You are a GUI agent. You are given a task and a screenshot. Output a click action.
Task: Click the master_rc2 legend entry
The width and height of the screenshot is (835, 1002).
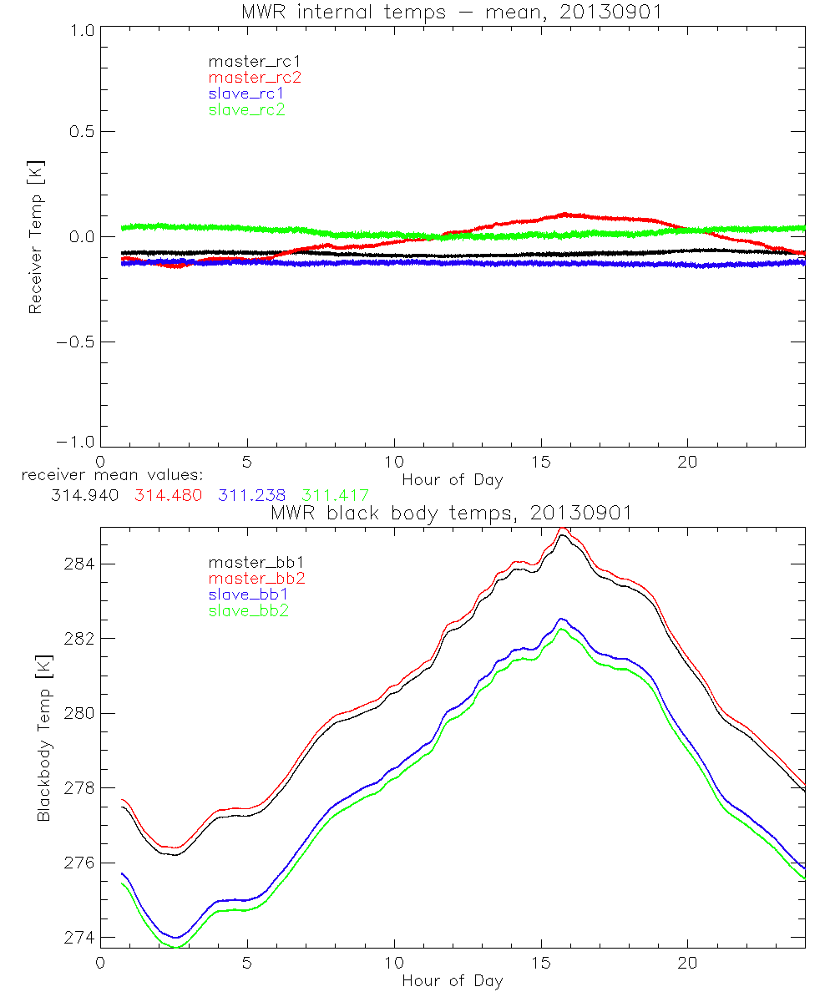[x=255, y=78]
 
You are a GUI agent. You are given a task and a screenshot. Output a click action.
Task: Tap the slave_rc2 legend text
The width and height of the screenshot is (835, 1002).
[x=246, y=109]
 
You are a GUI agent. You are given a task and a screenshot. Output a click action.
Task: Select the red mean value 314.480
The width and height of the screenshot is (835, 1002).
[x=168, y=495]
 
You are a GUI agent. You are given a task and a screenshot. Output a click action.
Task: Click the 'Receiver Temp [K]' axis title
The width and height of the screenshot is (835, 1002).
[x=35, y=236]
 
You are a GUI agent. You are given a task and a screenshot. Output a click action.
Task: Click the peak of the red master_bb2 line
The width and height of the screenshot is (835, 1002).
[x=564, y=529]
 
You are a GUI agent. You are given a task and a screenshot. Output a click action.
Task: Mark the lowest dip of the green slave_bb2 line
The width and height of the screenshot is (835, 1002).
[x=178, y=947]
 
